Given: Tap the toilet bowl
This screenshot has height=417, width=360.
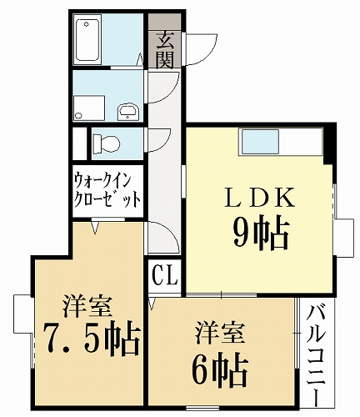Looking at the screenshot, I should [x=103, y=143].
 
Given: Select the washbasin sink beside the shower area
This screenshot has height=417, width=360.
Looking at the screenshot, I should [x=128, y=110].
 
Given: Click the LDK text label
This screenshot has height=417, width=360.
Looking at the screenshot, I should [x=259, y=198].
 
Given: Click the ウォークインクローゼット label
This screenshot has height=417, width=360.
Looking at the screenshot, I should [x=107, y=190].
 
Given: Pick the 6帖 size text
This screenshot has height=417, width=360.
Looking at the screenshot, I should [x=218, y=364].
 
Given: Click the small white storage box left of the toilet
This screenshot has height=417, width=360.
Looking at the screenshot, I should [x=79, y=142].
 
